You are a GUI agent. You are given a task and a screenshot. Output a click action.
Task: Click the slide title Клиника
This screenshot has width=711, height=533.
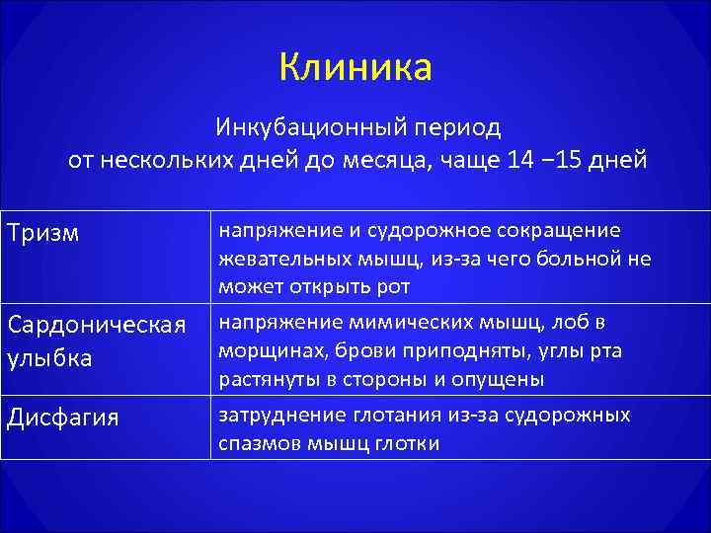click(x=355, y=67)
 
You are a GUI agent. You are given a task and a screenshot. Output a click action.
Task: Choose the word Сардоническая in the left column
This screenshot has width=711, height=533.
click(x=96, y=325)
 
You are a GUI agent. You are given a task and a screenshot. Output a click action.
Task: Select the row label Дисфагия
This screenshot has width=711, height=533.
click(x=63, y=419)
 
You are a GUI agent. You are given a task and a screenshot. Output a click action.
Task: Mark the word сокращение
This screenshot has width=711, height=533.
click(x=558, y=231)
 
